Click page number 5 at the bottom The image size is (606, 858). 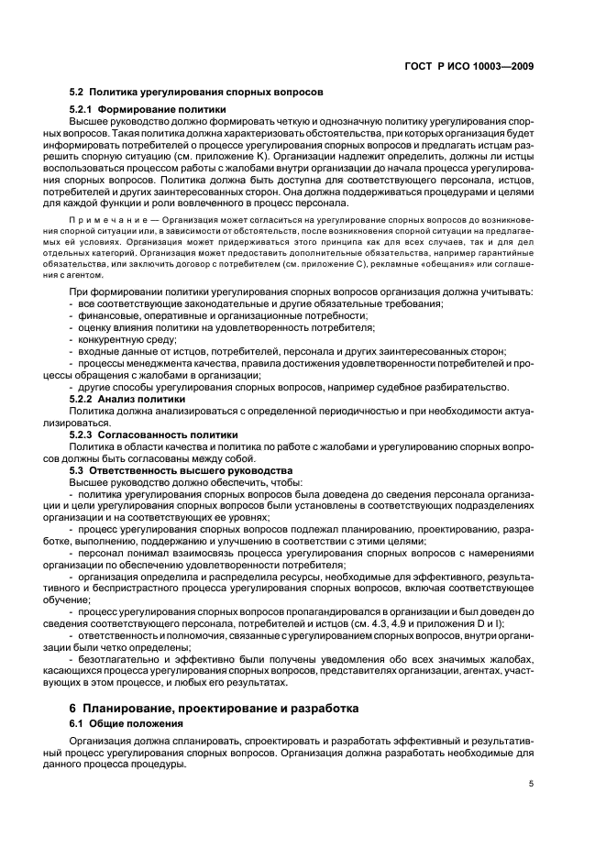click(x=531, y=783)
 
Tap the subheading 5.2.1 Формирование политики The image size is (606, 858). click(x=148, y=110)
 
